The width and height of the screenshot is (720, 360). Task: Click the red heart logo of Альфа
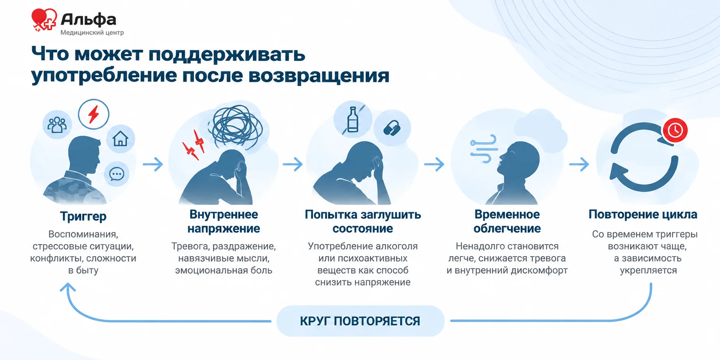(x=44, y=19)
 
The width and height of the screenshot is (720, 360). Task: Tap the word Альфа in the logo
(x=88, y=19)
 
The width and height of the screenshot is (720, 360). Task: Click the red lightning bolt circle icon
(x=94, y=114)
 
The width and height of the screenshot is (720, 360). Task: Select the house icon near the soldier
(x=121, y=139)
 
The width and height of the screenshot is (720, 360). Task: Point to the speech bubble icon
(x=117, y=174)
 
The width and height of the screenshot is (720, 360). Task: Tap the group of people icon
(x=57, y=125)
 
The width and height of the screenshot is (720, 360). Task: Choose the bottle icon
(x=353, y=119)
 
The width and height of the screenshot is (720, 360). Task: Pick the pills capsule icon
(x=392, y=128)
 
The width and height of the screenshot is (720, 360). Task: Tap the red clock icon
(x=675, y=130)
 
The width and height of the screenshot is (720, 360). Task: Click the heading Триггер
(x=83, y=216)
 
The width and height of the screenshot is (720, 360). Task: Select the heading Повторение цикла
(x=643, y=214)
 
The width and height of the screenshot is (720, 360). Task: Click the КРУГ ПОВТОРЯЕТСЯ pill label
(x=360, y=321)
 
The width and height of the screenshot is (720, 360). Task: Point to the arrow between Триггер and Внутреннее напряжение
(x=153, y=164)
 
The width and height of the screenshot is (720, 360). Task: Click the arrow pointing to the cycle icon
(x=579, y=164)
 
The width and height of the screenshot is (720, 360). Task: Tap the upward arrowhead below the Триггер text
(x=67, y=287)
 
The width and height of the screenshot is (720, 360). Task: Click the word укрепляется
(x=648, y=271)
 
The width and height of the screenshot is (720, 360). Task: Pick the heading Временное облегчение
(x=507, y=221)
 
